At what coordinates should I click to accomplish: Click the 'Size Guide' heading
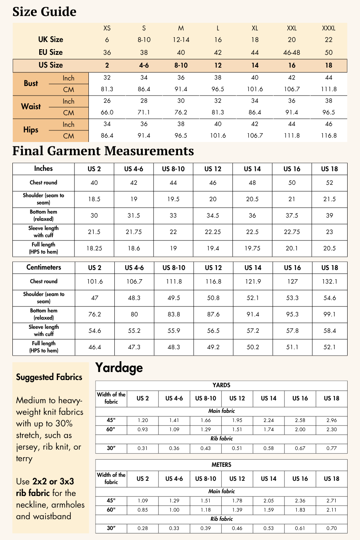tap(44, 12)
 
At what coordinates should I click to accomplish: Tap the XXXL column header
tap(328, 28)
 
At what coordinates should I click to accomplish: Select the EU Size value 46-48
tap(292, 52)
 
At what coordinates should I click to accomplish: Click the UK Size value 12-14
tap(181, 40)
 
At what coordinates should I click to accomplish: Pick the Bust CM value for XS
tap(107, 89)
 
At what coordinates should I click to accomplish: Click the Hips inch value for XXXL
tap(328, 124)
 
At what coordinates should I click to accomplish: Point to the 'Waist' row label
tap(31, 106)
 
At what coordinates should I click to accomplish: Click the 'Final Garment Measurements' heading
tap(103, 151)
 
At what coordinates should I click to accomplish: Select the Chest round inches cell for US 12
tap(213, 183)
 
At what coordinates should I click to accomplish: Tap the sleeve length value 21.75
tap(134, 232)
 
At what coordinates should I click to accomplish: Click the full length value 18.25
tap(94, 248)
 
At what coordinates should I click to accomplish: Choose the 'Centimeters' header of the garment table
tap(44, 267)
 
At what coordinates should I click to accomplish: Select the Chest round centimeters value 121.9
tap(253, 282)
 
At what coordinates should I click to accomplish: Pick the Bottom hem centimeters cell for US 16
tap(292, 314)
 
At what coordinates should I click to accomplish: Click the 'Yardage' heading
tap(119, 368)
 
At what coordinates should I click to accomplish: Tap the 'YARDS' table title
tap(221, 385)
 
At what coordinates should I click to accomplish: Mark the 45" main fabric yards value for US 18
tap(331, 420)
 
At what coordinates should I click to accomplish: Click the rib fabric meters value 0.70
tap(331, 528)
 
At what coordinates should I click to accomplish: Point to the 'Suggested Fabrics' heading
tap(49, 377)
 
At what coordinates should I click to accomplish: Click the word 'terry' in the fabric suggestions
tap(24, 458)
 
